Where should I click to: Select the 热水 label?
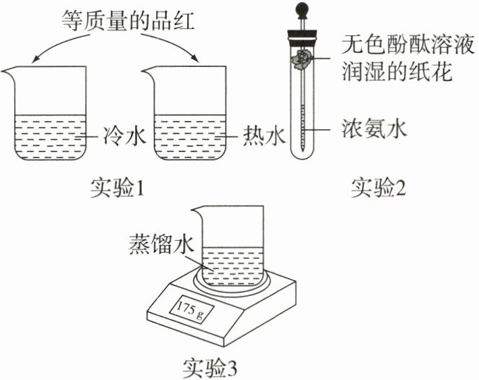(260, 139)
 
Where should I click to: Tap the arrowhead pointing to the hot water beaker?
(197, 60)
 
